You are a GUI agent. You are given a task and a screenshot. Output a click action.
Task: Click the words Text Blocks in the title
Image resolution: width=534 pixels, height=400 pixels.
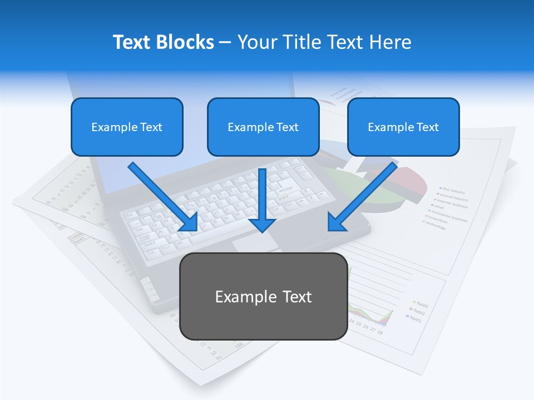pyautogui.click(x=163, y=42)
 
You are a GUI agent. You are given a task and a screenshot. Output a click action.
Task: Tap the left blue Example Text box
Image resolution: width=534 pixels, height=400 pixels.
pyautogui.click(x=127, y=127)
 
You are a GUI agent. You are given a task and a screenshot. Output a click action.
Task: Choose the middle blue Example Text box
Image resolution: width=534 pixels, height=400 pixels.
pyautogui.click(x=263, y=127)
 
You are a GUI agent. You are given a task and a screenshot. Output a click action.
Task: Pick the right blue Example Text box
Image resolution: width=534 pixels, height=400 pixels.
pyautogui.click(x=403, y=127)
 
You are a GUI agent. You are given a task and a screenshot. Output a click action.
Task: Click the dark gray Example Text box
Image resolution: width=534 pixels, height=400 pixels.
pyautogui.click(x=263, y=296)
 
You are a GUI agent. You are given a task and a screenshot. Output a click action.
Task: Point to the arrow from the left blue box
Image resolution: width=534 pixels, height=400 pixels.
pyautogui.click(x=161, y=196)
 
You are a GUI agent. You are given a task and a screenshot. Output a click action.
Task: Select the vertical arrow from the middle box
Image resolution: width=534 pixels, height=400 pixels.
pyautogui.click(x=263, y=197)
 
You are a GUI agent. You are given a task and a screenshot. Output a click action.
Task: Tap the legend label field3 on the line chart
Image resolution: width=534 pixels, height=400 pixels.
pyautogui.click(x=421, y=304)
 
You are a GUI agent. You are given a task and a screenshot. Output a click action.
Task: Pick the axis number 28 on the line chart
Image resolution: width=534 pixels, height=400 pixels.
pyautogui.click(x=380, y=332)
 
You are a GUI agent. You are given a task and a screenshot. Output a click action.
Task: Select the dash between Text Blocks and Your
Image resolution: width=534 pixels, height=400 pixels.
pyautogui.click(x=225, y=42)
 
